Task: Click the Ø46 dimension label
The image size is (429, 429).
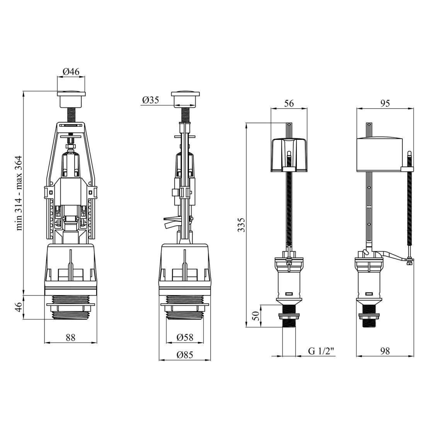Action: (x=71, y=71)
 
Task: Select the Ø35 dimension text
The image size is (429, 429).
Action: (x=150, y=100)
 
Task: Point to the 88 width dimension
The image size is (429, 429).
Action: (x=70, y=337)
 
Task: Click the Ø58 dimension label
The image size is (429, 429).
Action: (x=185, y=337)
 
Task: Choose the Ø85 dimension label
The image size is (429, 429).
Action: (x=185, y=355)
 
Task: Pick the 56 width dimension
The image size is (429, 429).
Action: (x=289, y=103)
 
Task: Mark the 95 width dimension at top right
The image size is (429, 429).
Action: (x=385, y=103)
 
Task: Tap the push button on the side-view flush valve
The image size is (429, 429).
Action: (x=185, y=99)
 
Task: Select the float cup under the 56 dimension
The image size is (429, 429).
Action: (x=289, y=154)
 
